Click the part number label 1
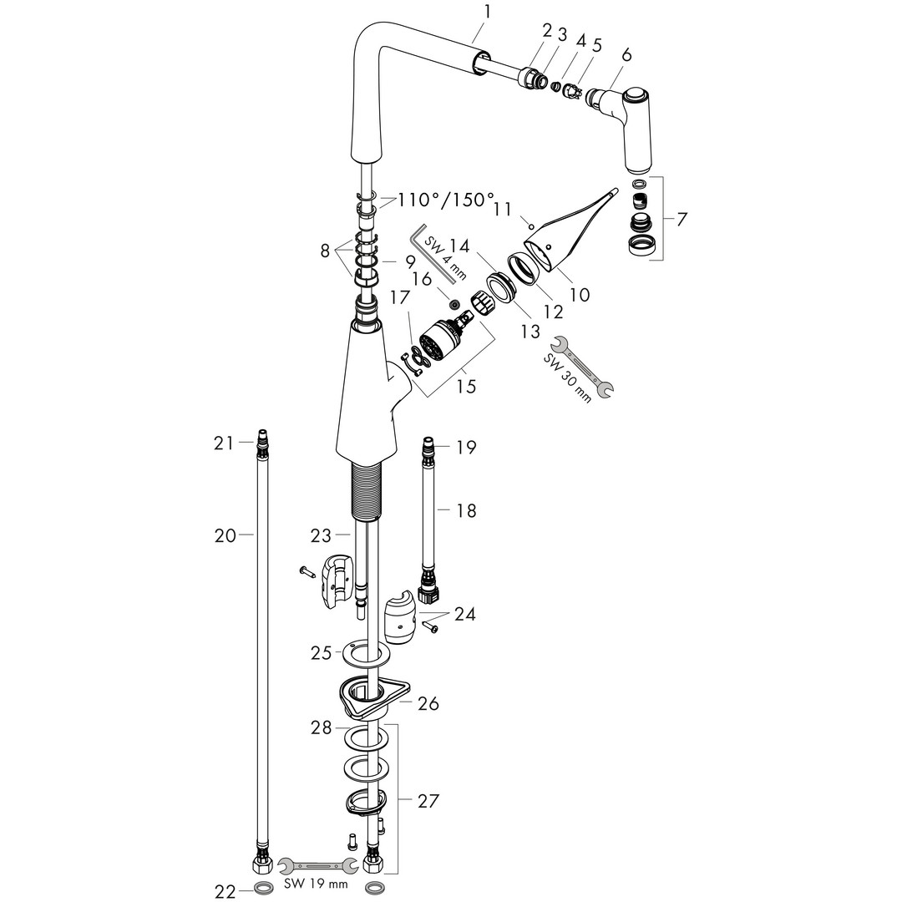[488, 12]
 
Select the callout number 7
[682, 220]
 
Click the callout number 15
[466, 386]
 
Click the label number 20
[225, 536]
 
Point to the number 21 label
[223, 443]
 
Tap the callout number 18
[466, 510]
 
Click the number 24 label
[465, 615]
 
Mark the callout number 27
[428, 801]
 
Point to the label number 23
[322, 535]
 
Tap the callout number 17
[399, 296]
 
